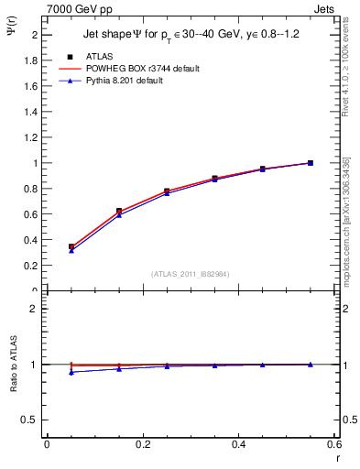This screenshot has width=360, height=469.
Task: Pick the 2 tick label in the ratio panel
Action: pyautogui.click(x=34, y=309)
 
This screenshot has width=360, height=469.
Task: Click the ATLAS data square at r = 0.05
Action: pyautogui.click(x=71, y=246)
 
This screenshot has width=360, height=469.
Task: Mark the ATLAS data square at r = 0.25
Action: pyautogui.click(x=167, y=191)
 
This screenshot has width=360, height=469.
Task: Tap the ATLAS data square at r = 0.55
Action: pyautogui.click(x=311, y=163)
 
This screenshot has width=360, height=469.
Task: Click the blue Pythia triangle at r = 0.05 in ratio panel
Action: pyautogui.click(x=71, y=372)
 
